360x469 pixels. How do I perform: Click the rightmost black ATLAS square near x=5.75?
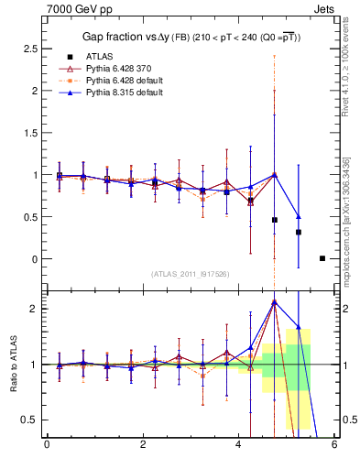tap(322, 258)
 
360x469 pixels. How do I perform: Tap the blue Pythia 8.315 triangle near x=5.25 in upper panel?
tap(299, 217)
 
